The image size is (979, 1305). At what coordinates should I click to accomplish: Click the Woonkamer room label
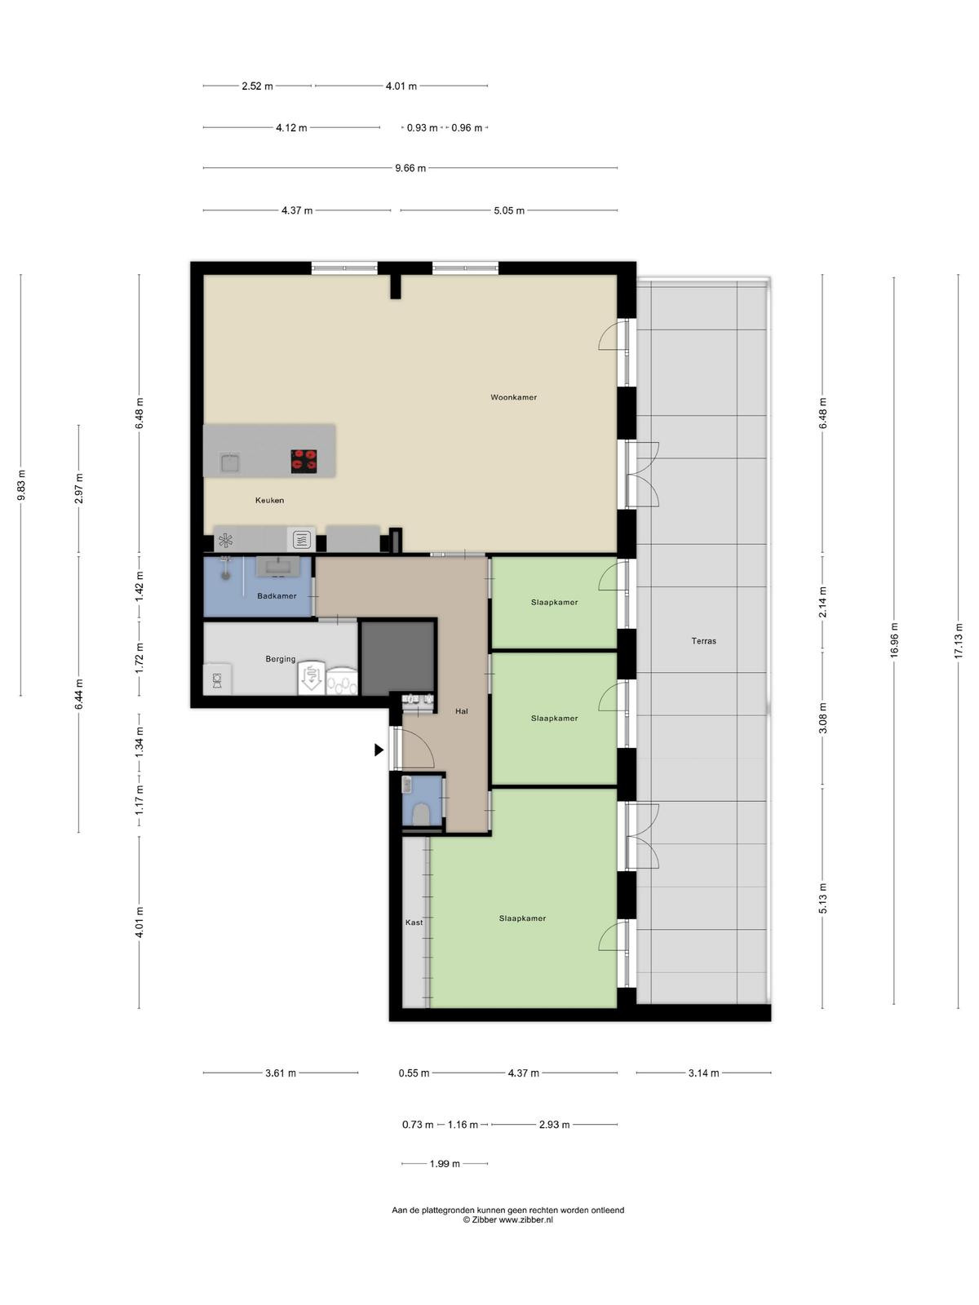click(x=514, y=397)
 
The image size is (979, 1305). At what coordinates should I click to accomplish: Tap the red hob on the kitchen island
click(x=303, y=462)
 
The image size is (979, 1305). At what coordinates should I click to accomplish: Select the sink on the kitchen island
click(x=229, y=462)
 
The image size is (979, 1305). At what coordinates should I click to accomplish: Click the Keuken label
click(x=269, y=500)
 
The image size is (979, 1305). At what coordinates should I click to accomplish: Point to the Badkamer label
click(x=277, y=595)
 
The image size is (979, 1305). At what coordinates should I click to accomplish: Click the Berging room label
click(x=281, y=659)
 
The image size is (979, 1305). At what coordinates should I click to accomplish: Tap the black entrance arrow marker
click(x=379, y=750)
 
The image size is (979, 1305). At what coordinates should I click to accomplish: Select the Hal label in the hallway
click(x=461, y=711)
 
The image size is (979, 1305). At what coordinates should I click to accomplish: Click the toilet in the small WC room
click(x=421, y=813)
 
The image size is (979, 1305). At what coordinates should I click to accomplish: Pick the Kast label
click(x=414, y=922)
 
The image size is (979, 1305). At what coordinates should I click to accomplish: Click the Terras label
click(x=704, y=641)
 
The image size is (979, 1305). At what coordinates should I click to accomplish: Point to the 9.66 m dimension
click(x=410, y=168)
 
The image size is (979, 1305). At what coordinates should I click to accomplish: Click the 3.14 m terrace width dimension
click(x=704, y=1073)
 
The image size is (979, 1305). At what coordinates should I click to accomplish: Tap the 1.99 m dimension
click(x=445, y=1164)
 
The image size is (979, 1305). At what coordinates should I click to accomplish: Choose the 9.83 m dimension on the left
click(x=21, y=485)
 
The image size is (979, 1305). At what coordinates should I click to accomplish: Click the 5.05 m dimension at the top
click(x=509, y=210)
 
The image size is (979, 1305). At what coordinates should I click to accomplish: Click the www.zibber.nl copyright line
click(x=508, y=1219)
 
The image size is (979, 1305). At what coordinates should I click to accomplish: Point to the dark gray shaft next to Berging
click(x=397, y=657)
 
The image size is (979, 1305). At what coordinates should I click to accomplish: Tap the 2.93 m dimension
click(x=554, y=1124)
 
